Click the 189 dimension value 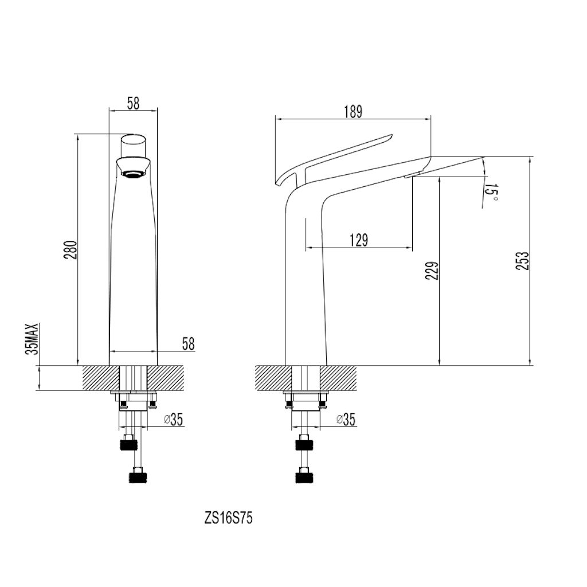tap(354, 111)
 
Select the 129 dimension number tap(358, 240)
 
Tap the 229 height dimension tap(433, 271)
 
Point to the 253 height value tap(522, 261)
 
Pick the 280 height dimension tap(70, 250)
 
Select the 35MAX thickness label tap(33, 339)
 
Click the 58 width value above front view tap(132, 103)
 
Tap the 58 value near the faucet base tap(187, 344)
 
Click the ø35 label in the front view tap(173, 420)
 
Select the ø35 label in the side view tap(345, 420)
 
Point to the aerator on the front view tap(133, 173)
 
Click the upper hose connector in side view tap(306, 443)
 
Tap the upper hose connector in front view tap(128, 443)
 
